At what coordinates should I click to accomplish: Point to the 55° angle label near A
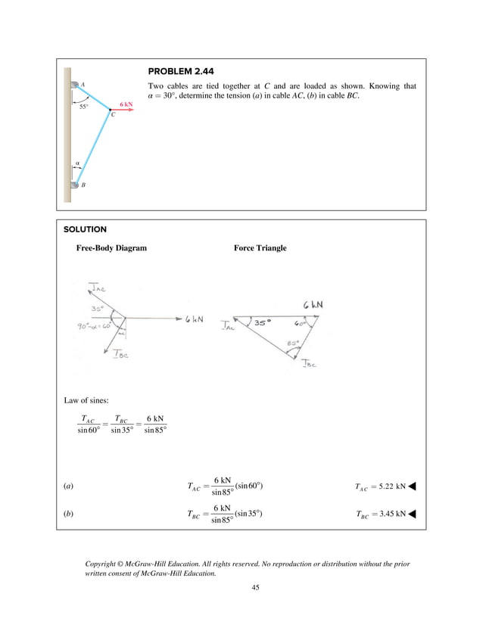pyautogui.click(x=83, y=107)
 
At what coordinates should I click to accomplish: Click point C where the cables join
pyautogui.click(x=111, y=110)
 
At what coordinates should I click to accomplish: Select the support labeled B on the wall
pyautogui.click(x=75, y=184)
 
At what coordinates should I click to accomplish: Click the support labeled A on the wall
pyautogui.click(x=75, y=84)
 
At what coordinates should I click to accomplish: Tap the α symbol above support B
pyautogui.click(x=76, y=162)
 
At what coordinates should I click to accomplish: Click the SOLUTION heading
pyautogui.click(x=85, y=229)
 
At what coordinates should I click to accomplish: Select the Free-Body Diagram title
pyautogui.click(x=111, y=248)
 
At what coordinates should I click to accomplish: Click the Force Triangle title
pyautogui.click(x=260, y=248)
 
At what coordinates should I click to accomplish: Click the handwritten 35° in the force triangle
pyautogui.click(x=261, y=322)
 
